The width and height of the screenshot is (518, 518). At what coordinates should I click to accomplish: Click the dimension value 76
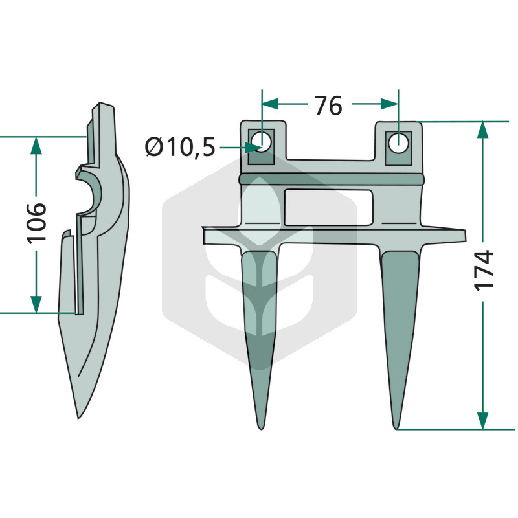pos(328,106)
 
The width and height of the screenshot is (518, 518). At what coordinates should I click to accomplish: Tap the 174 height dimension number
pos(484,271)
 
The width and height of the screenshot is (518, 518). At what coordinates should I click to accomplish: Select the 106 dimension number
pos(36,223)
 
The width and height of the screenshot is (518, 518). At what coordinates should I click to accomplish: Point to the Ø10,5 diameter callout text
pos(180,147)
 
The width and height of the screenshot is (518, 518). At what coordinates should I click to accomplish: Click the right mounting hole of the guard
pos(398,143)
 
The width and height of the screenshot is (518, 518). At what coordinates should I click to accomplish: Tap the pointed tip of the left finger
pos(261,429)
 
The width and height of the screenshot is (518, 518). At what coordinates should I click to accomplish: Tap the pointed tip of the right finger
pos(396,429)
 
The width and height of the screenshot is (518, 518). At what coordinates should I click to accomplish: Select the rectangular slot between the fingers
pos(329,207)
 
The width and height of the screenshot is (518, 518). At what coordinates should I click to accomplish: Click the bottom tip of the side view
pos(78,418)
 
